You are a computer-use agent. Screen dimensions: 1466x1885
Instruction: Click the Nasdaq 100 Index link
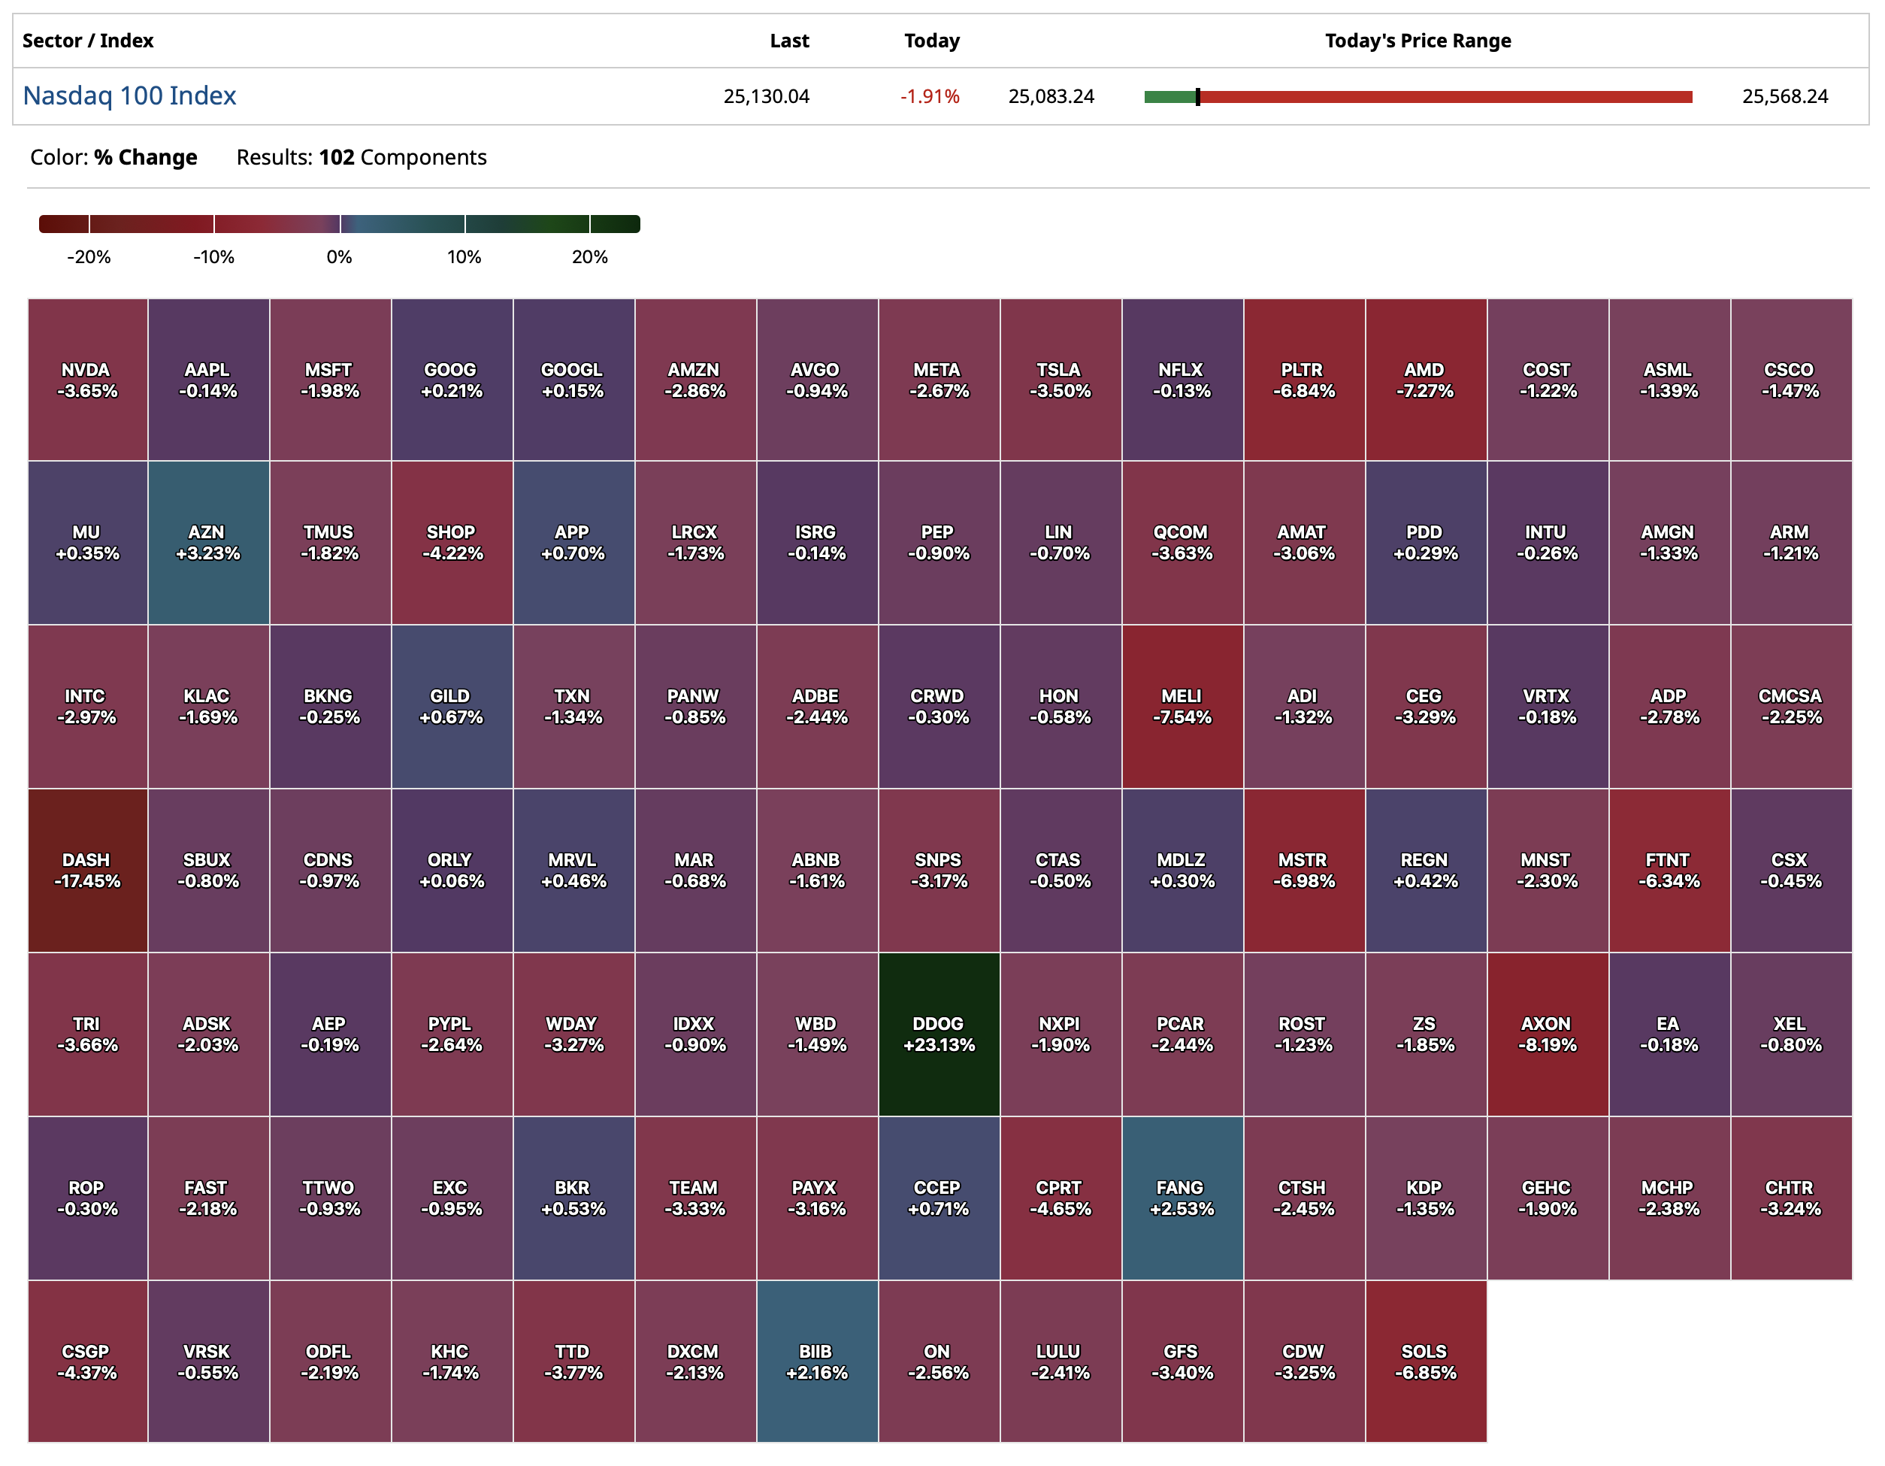coord(129,95)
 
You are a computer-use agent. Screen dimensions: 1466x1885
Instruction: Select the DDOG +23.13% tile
coord(939,1034)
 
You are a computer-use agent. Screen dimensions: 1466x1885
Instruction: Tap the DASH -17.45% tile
coord(87,871)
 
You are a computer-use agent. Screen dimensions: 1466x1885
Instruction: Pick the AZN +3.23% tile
coord(208,542)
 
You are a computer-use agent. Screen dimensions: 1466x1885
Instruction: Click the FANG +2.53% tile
coord(1182,1198)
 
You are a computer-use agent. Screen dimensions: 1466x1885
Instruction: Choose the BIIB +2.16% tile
coord(816,1362)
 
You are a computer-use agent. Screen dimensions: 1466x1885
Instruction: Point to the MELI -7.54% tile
coord(1182,706)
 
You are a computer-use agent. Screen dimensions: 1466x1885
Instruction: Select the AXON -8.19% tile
coord(1547,1034)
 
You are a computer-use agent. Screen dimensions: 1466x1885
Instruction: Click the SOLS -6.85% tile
coord(1425,1362)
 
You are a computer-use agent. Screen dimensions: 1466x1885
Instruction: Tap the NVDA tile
coord(87,380)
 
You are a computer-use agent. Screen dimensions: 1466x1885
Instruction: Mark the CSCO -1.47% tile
coord(1790,380)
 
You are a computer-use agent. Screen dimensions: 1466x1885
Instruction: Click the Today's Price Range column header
coord(1418,41)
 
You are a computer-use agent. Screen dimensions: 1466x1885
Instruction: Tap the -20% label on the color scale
coord(89,257)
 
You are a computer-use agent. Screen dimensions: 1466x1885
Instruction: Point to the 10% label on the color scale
coord(464,257)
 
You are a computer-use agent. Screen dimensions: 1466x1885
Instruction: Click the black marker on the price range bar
coord(1197,97)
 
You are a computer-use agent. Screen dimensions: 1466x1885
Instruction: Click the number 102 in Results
coord(337,157)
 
